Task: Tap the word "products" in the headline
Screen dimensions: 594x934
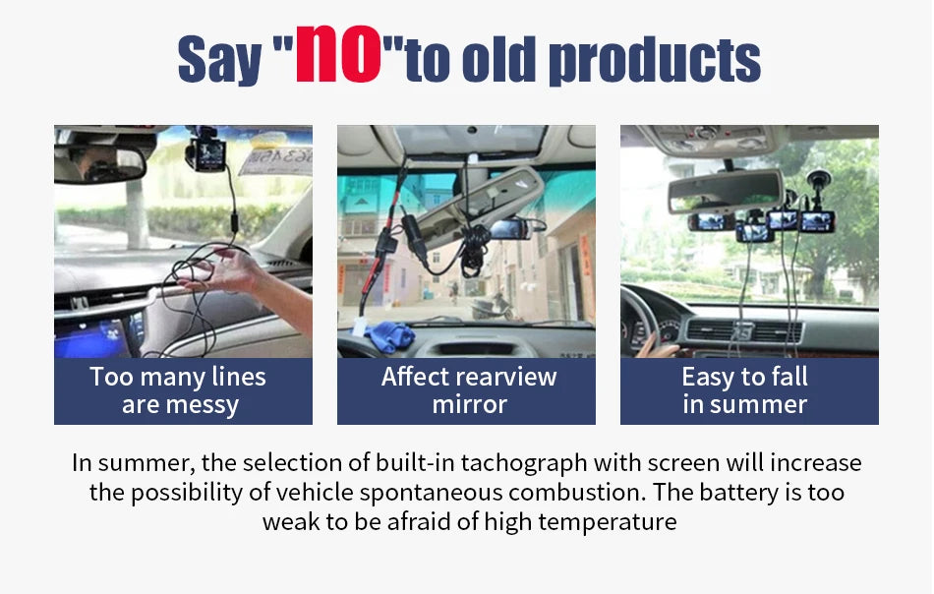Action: click(x=654, y=60)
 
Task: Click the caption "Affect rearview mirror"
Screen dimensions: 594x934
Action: click(x=468, y=390)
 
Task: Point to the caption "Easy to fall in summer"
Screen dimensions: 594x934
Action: click(x=745, y=390)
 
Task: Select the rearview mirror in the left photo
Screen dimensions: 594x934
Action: click(x=98, y=164)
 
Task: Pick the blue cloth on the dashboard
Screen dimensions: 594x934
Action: click(x=388, y=334)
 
